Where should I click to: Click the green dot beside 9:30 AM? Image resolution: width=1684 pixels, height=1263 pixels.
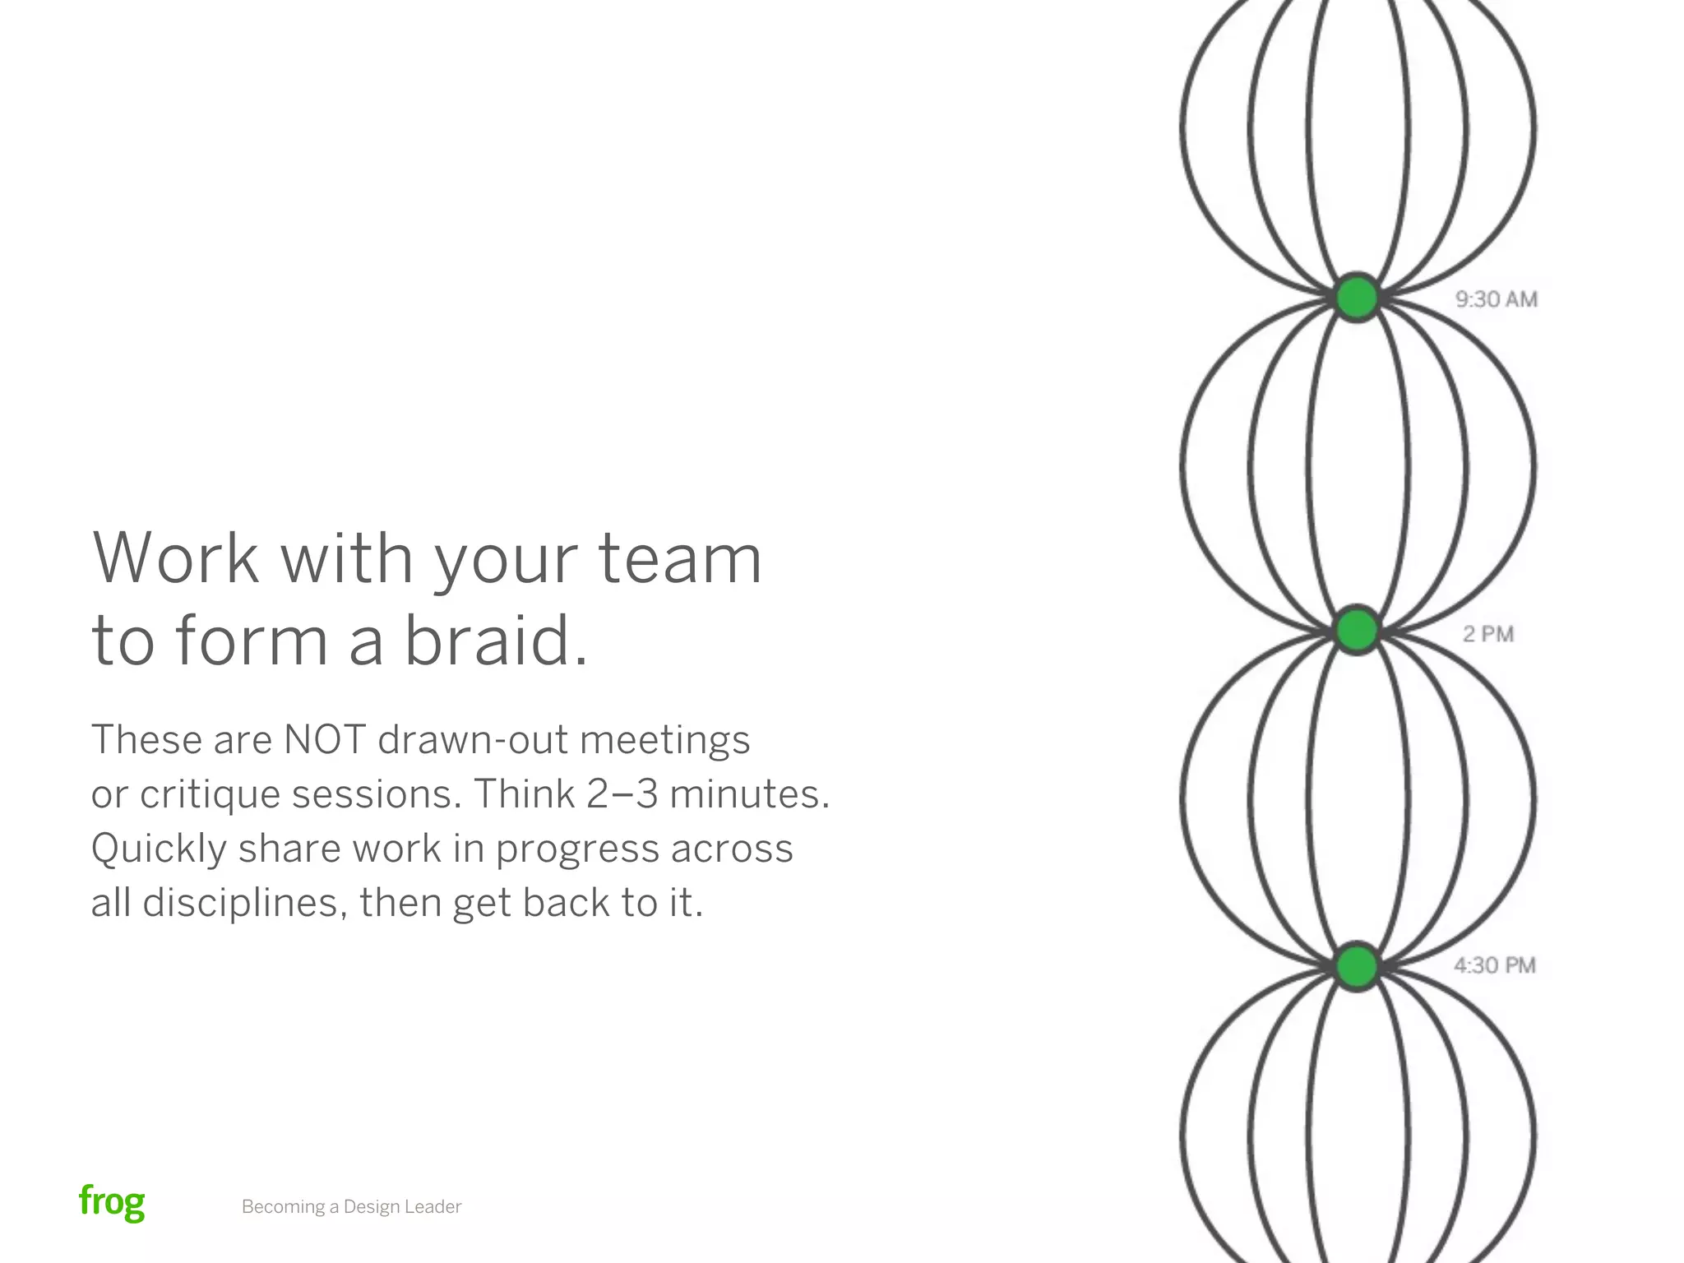[x=1356, y=297]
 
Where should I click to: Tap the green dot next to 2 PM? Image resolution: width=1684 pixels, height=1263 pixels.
[x=1356, y=631]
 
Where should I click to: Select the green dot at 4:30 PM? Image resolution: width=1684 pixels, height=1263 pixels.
[x=1356, y=965]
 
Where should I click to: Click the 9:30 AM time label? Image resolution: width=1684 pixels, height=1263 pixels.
[x=1496, y=299]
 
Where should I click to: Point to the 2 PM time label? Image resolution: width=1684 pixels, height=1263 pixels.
[x=1487, y=634]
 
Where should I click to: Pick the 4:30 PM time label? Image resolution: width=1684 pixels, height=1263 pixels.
[x=1494, y=965]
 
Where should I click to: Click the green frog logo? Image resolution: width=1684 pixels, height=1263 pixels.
[x=112, y=1202]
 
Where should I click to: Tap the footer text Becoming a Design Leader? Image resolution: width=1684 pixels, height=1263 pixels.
[x=351, y=1207]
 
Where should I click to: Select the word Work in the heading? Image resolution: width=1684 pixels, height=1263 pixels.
[x=175, y=558]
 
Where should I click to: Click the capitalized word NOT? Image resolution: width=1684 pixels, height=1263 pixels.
[x=324, y=739]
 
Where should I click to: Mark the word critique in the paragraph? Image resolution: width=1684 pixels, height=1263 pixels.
[x=210, y=794]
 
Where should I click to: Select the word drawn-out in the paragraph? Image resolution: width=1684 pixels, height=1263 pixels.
[x=473, y=739]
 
